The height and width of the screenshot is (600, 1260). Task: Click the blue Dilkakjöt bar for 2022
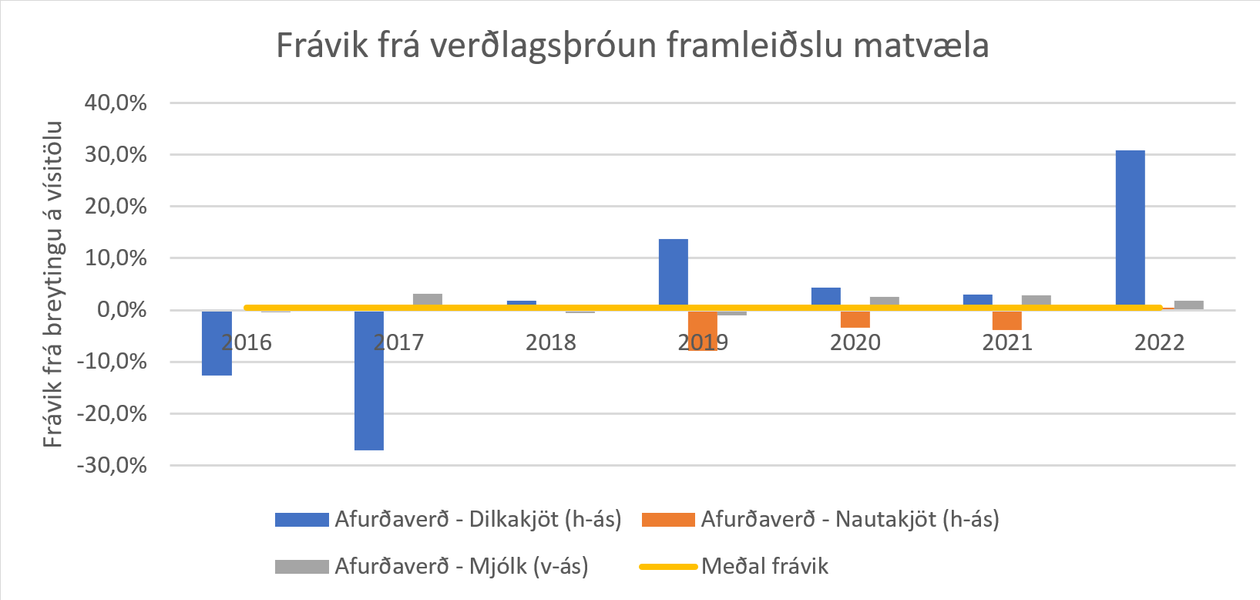(x=1130, y=228)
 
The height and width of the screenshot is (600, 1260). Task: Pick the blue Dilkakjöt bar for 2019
(x=673, y=273)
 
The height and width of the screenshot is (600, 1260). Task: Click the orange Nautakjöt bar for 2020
(x=855, y=319)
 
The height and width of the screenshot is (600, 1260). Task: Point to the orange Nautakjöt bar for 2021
(x=1006, y=321)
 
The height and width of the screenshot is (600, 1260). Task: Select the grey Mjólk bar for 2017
(x=427, y=299)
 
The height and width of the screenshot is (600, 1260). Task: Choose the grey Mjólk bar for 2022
(x=1188, y=304)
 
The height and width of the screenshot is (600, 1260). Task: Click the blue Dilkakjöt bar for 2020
(x=825, y=296)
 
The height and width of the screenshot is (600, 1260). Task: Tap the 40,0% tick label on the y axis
(x=116, y=103)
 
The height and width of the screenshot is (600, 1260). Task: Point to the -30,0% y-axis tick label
(x=112, y=465)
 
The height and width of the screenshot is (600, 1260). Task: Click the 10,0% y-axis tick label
(x=116, y=258)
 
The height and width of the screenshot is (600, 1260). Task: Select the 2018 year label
(x=550, y=342)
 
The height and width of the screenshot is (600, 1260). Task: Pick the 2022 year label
(x=1159, y=342)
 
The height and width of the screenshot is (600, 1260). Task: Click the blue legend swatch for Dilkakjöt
(x=301, y=520)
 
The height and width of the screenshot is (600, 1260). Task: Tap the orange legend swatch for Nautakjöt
(x=667, y=520)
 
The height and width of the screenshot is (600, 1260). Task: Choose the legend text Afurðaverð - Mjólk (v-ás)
(x=461, y=566)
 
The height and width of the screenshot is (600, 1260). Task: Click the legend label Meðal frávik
(x=764, y=566)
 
